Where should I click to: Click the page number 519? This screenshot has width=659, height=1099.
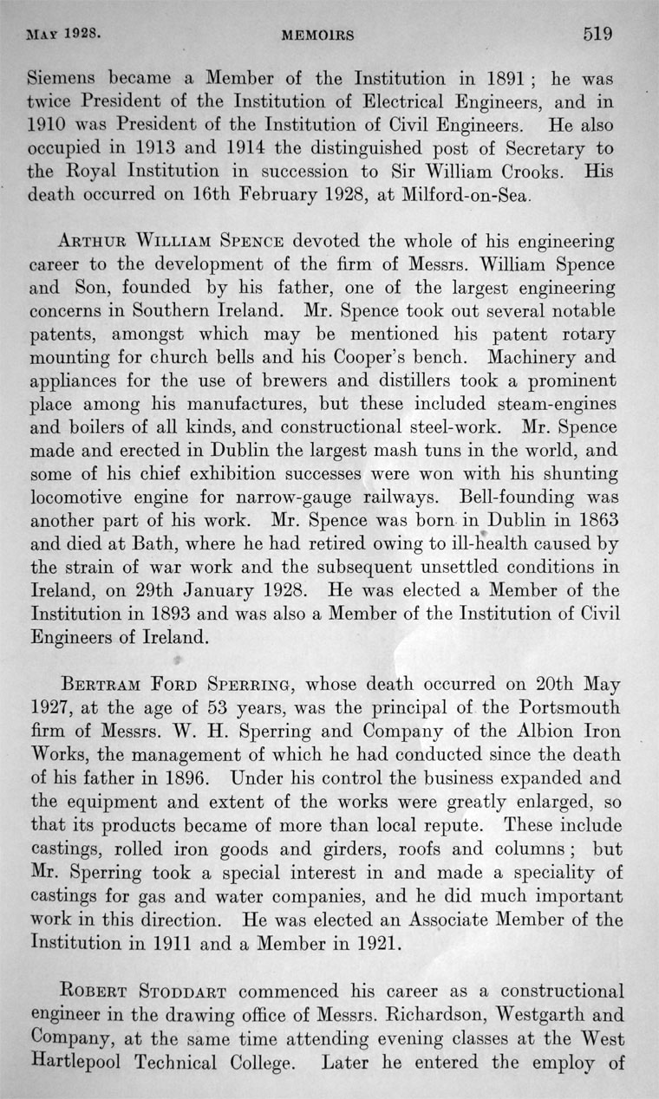(597, 34)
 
